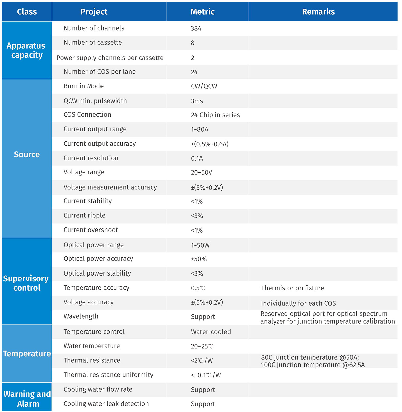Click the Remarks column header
[x=318, y=12]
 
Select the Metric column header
[x=203, y=12]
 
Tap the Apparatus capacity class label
[x=26, y=50]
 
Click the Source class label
[x=27, y=154]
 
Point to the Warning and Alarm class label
[x=27, y=399]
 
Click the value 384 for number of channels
[x=196, y=28]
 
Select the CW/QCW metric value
[x=204, y=86]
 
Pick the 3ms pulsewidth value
[x=197, y=101]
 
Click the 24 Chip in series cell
[x=215, y=115]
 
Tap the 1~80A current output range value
[x=199, y=129]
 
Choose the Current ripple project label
[x=84, y=215]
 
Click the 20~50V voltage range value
[x=201, y=172]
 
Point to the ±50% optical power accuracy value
[x=198, y=259]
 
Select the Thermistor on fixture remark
[x=292, y=288]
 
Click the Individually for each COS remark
[x=298, y=303]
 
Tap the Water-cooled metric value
[x=211, y=332]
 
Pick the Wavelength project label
[x=81, y=316]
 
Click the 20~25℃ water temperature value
[x=202, y=346]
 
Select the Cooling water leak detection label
[x=106, y=404]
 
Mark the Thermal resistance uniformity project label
[x=108, y=375]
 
